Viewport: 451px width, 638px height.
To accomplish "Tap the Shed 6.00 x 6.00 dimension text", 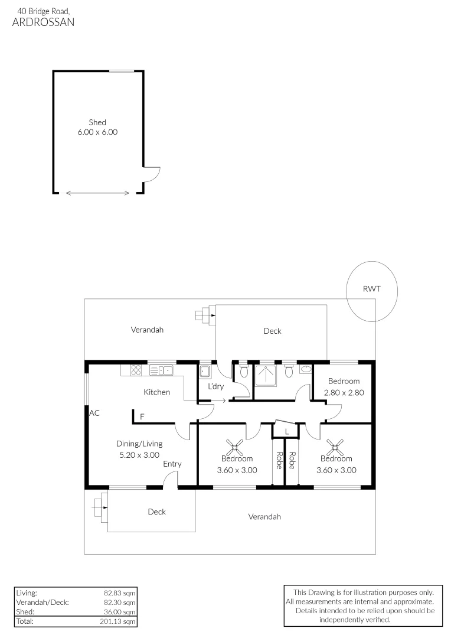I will point(97,132).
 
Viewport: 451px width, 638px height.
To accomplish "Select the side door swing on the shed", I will point(152,175).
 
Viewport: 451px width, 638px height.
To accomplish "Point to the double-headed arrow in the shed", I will point(98,193).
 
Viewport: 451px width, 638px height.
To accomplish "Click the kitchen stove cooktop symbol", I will point(135,370).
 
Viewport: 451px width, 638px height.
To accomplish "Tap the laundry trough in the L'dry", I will point(205,372).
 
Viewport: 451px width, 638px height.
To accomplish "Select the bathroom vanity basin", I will point(305,370).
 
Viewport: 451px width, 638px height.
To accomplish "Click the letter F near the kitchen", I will point(142,417).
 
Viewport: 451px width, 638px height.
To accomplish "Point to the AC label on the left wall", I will point(94,413).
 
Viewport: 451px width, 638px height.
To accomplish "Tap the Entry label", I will point(172,464).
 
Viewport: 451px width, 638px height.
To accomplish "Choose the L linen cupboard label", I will point(287,432).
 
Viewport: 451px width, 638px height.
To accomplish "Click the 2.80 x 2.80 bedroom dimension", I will point(344,392).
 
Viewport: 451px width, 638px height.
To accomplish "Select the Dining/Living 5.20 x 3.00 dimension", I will point(139,455).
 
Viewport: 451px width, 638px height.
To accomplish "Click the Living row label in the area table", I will point(27,592).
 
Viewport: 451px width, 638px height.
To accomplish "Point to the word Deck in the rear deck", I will point(272,331).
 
